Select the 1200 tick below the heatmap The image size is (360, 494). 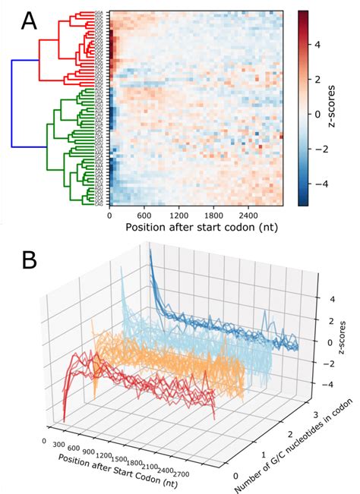point(178,214)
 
